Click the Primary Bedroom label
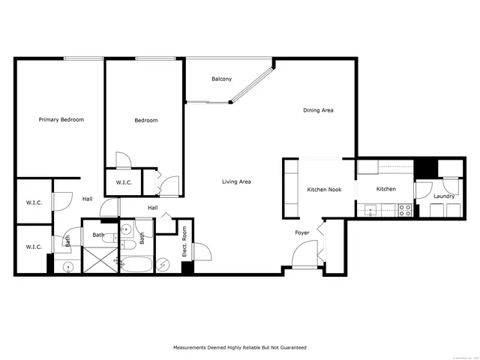[x=61, y=120]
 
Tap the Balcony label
[x=221, y=79]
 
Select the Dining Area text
[x=318, y=110]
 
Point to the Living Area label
[x=236, y=181]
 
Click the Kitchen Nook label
[x=324, y=190]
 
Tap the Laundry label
[x=444, y=196]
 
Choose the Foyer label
[x=301, y=233]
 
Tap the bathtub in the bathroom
[x=137, y=264]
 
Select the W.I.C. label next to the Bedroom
[x=124, y=183]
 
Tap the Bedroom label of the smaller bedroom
[x=146, y=121]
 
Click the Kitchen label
[x=386, y=189]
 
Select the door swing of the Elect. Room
[x=200, y=253]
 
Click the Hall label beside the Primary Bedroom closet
[x=88, y=199]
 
